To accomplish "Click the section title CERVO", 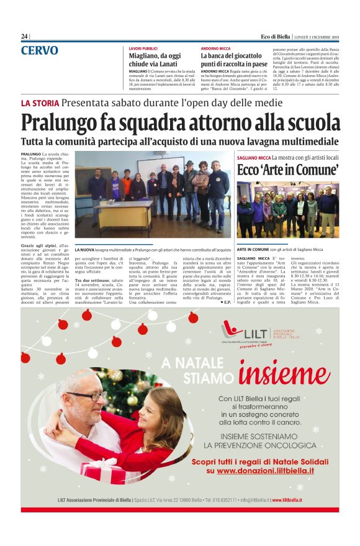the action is coord(40,50).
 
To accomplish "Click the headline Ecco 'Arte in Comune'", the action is coord(287,170).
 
